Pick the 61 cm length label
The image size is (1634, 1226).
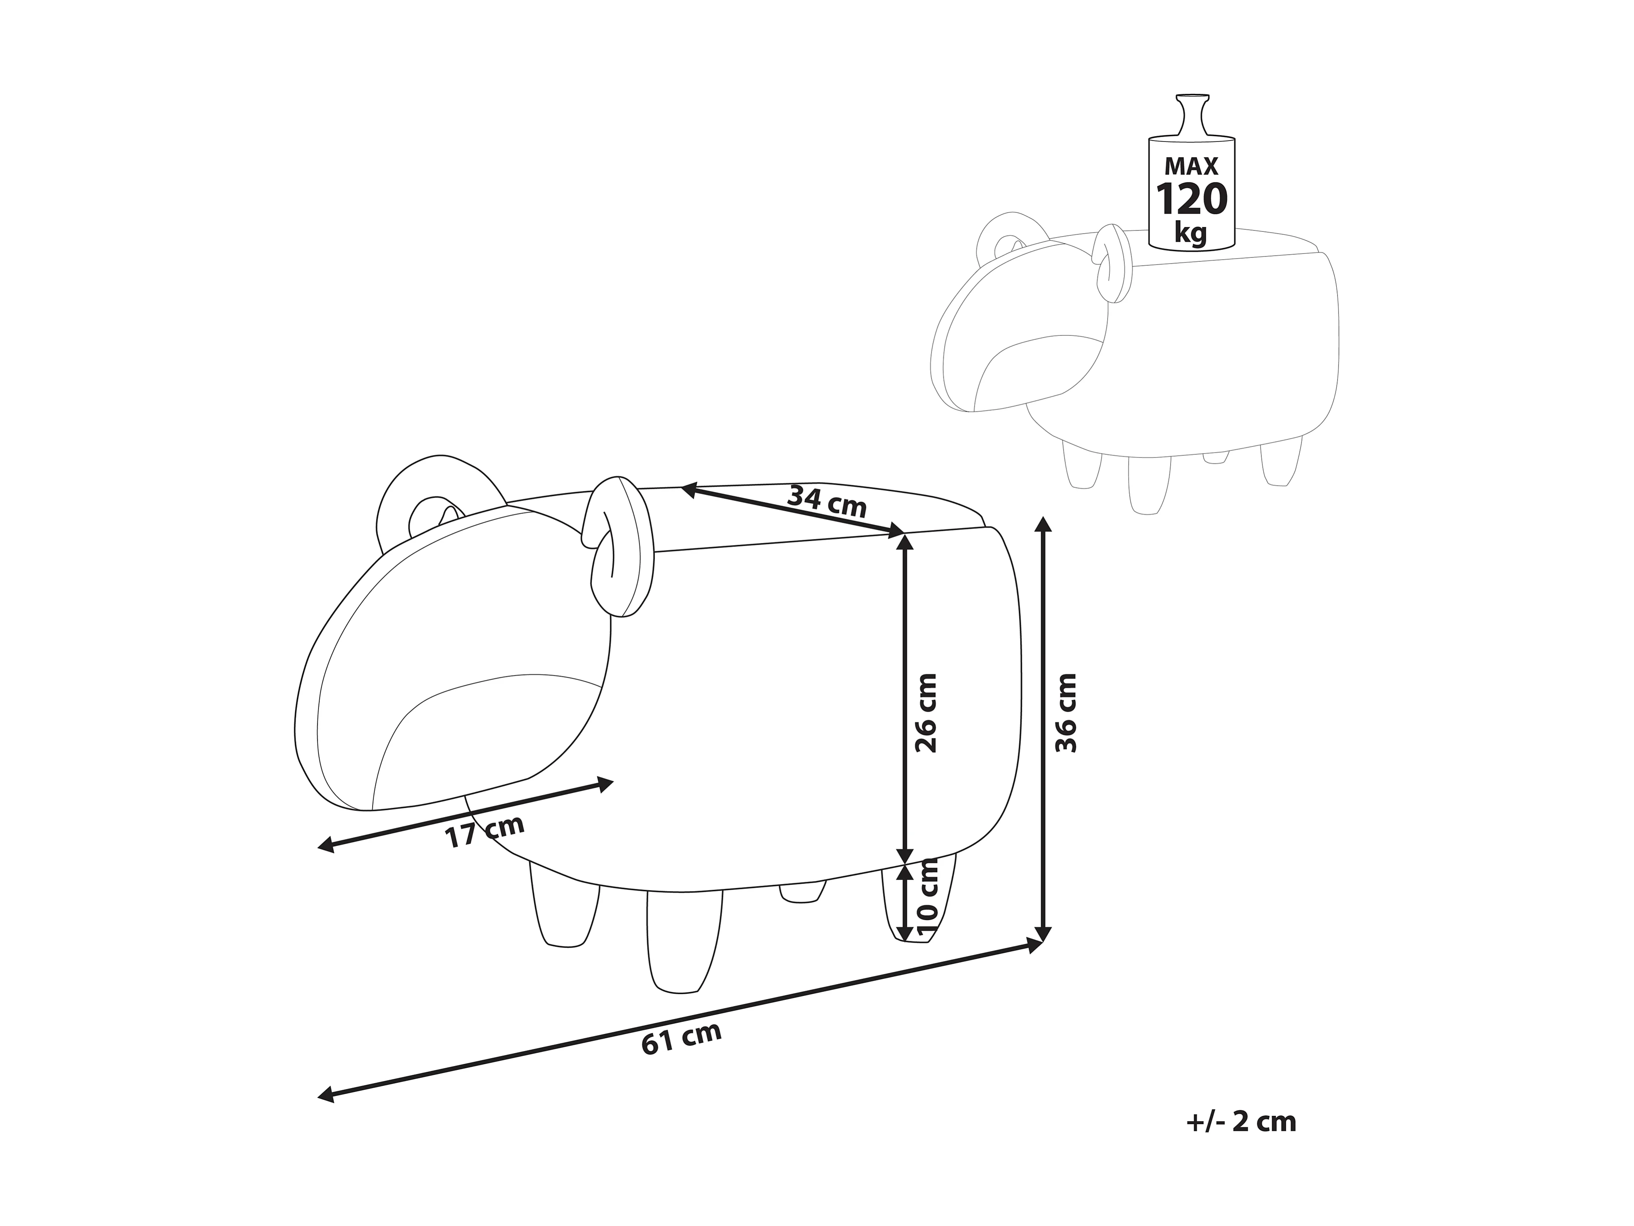coord(681,1038)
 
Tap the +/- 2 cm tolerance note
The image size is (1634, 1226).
coord(1241,1122)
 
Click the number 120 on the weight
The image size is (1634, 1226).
coord(1191,200)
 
